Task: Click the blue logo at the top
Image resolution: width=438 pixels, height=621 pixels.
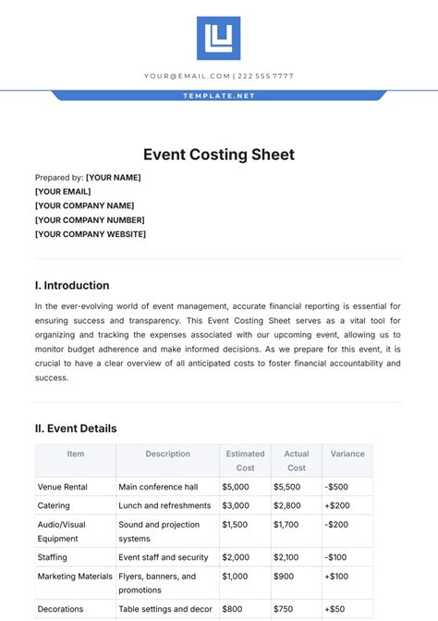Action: point(218,38)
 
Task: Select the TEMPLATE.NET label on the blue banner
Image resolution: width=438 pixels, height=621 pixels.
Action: point(219,95)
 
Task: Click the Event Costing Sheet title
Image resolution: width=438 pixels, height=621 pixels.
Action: point(219,155)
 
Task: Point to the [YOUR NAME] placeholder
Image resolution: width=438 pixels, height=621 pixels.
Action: point(114,177)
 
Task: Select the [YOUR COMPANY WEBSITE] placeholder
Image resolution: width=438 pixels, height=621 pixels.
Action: point(91,234)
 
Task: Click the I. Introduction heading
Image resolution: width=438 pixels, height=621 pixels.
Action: point(72,285)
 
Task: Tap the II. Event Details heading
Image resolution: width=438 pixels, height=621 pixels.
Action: point(76,428)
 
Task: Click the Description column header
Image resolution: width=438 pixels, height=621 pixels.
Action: point(167,454)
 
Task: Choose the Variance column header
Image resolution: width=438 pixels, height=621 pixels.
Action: point(347,454)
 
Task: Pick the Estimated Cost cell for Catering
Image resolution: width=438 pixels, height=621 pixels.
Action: point(236,506)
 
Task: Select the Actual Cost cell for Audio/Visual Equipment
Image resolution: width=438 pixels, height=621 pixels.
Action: point(287,525)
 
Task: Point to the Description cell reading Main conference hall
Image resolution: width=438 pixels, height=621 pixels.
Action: point(158,486)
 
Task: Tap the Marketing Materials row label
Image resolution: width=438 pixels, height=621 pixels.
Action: point(75,577)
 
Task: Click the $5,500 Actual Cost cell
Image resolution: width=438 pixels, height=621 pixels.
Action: point(287,486)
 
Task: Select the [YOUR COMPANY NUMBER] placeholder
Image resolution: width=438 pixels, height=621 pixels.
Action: point(90,220)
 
